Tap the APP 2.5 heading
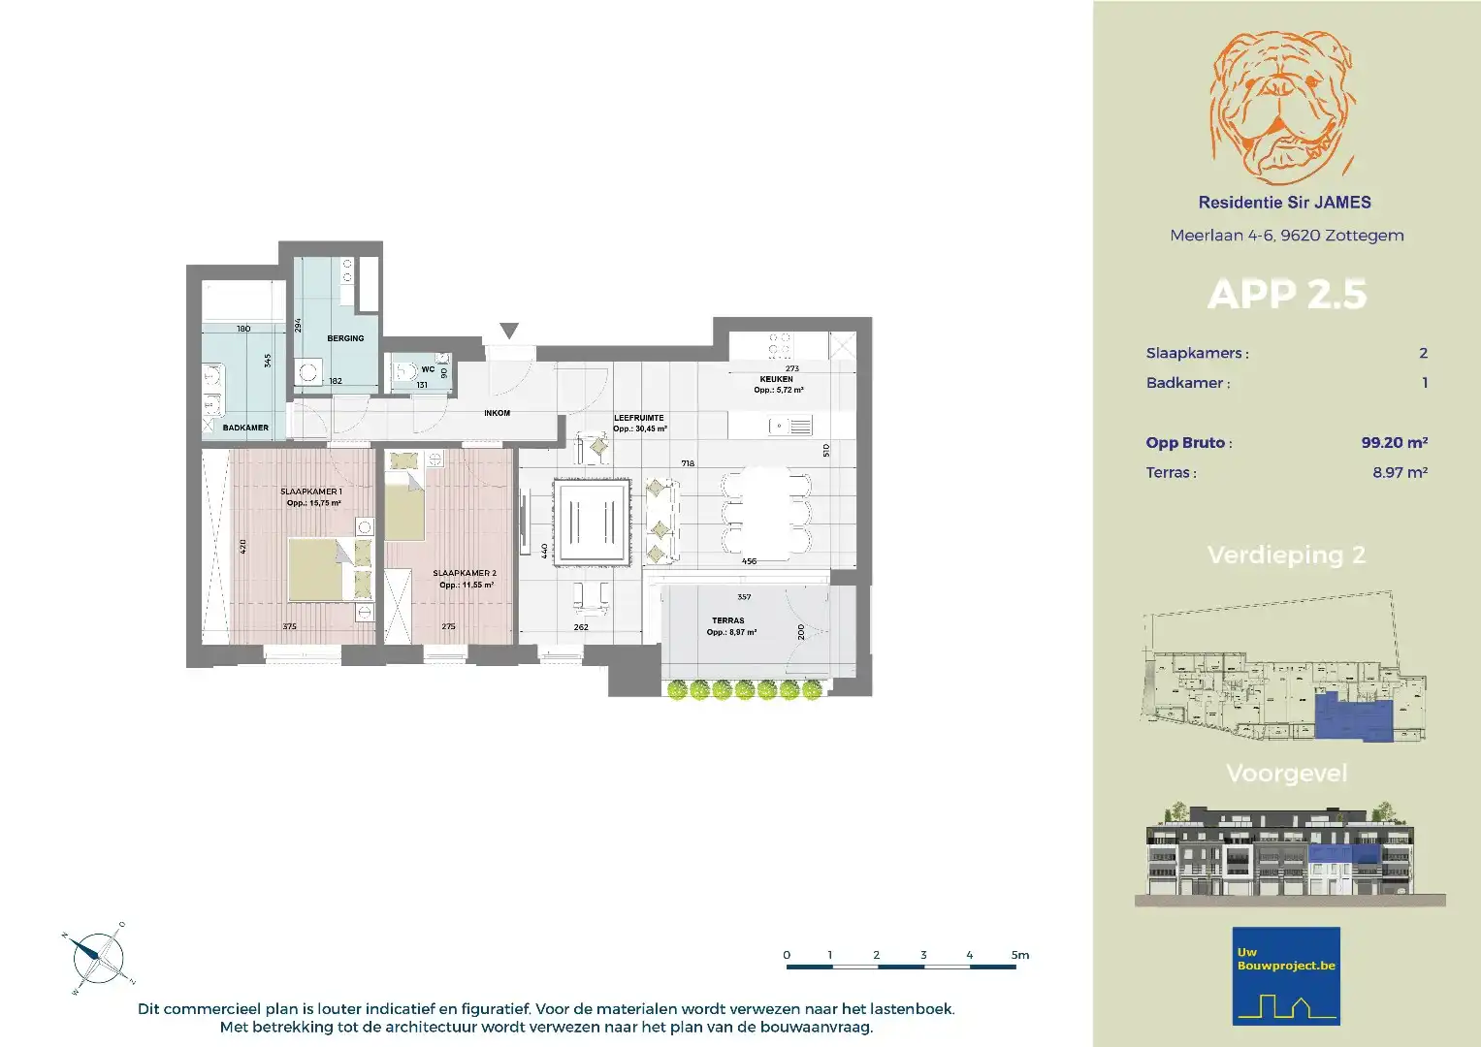tap(1287, 295)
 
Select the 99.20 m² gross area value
tap(1394, 442)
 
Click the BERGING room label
tap(345, 338)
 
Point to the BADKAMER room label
tap(245, 428)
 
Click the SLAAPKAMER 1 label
tap(311, 492)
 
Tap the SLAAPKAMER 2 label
tap(465, 573)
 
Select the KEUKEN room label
tap(776, 379)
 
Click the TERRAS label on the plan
tap(728, 620)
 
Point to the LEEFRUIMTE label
tap(639, 418)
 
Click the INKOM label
tap(497, 413)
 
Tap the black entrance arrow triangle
tap(509, 331)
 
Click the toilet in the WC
tap(402, 371)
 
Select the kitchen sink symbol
tap(790, 426)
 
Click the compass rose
tap(98, 959)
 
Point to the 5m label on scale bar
tap(1019, 955)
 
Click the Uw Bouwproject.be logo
tap(1286, 976)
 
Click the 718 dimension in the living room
tap(688, 463)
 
